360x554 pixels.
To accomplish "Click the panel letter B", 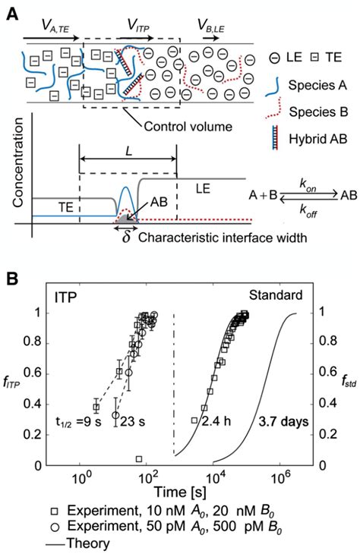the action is pyautogui.click(x=13, y=279).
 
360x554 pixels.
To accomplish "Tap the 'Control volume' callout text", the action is pyautogui.click(x=188, y=126).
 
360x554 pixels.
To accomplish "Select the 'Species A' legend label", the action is pyautogui.click(x=317, y=85).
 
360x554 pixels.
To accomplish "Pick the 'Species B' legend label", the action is pyautogui.click(x=318, y=112).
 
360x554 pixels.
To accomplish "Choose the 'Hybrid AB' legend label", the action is pyautogui.click(x=318, y=139).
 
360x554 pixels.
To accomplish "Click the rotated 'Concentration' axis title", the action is pyautogui.click(x=17, y=162).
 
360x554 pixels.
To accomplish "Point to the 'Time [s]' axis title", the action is pyautogui.click(x=180, y=492).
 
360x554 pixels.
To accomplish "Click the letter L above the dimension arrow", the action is pyautogui.click(x=128, y=151).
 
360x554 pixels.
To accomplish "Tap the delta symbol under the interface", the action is pyautogui.click(x=126, y=237).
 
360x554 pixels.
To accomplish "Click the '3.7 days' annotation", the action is pyautogui.click(x=283, y=421).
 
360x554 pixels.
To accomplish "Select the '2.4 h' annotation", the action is pyautogui.click(x=216, y=420).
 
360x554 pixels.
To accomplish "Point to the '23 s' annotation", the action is pyautogui.click(x=132, y=421).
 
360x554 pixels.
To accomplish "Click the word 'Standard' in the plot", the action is pyautogui.click(x=276, y=294).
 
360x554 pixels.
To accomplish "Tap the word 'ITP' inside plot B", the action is pyautogui.click(x=65, y=297).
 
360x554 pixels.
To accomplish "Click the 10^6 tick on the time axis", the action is pyautogui.click(x=280, y=478).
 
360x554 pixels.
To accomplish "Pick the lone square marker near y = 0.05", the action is pyautogui.click(x=139, y=459).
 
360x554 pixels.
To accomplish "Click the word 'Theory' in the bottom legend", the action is pyautogui.click(x=87, y=543).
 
